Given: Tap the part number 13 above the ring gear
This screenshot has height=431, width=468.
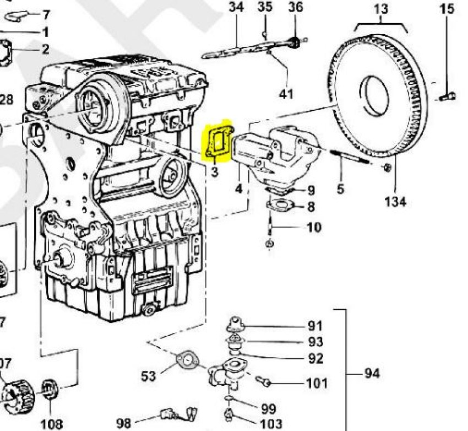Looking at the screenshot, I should pyautogui.click(x=380, y=9).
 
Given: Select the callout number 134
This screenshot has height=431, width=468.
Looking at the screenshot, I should pyautogui.click(x=395, y=202).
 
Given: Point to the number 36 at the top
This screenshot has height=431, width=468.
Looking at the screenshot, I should pyautogui.click(x=296, y=8).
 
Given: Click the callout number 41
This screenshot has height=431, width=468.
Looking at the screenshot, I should pyautogui.click(x=286, y=94).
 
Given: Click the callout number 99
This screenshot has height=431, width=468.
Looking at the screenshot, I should pyautogui.click(x=268, y=409).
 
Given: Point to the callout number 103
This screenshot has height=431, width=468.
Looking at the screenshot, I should pyautogui.click(x=271, y=424).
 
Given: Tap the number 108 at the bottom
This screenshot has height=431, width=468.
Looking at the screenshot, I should pyautogui.click(x=51, y=424).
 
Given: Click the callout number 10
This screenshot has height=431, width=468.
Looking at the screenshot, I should pyautogui.click(x=314, y=227).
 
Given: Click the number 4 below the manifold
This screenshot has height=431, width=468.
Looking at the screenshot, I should pyautogui.click(x=238, y=189).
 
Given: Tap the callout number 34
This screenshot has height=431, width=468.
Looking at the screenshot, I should pyautogui.click(x=236, y=8).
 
